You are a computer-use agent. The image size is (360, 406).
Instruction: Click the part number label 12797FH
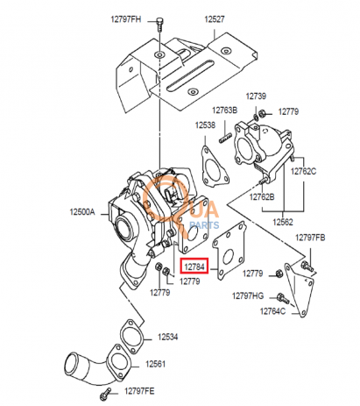(x=125, y=19)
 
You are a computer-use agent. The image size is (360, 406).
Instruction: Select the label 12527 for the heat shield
(x=215, y=19)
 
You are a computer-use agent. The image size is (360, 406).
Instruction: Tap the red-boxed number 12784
(x=194, y=267)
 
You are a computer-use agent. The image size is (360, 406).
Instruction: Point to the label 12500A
(x=82, y=211)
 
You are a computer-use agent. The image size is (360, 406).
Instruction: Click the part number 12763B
(x=224, y=110)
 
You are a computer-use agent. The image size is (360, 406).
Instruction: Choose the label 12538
(x=205, y=125)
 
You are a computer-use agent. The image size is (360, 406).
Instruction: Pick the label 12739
(x=256, y=96)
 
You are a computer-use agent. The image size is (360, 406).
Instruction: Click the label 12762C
(x=303, y=171)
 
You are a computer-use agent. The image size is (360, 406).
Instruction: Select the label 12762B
(x=262, y=197)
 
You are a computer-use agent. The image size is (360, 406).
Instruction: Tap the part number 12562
(x=283, y=222)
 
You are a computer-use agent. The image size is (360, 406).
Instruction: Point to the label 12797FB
(x=310, y=238)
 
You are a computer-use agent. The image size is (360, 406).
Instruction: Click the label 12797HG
(x=248, y=296)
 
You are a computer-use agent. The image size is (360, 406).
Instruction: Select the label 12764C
(x=272, y=311)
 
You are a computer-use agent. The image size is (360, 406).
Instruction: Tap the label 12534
(x=167, y=337)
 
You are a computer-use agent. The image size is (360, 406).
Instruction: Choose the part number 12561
(x=155, y=364)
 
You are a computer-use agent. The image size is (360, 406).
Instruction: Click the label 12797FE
(x=139, y=391)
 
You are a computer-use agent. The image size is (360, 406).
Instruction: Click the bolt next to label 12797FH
(x=159, y=25)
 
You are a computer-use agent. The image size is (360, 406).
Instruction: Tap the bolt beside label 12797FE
(x=106, y=393)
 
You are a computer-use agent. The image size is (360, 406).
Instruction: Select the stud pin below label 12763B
(x=225, y=138)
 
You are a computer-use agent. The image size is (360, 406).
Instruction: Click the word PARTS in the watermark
(x=204, y=225)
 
